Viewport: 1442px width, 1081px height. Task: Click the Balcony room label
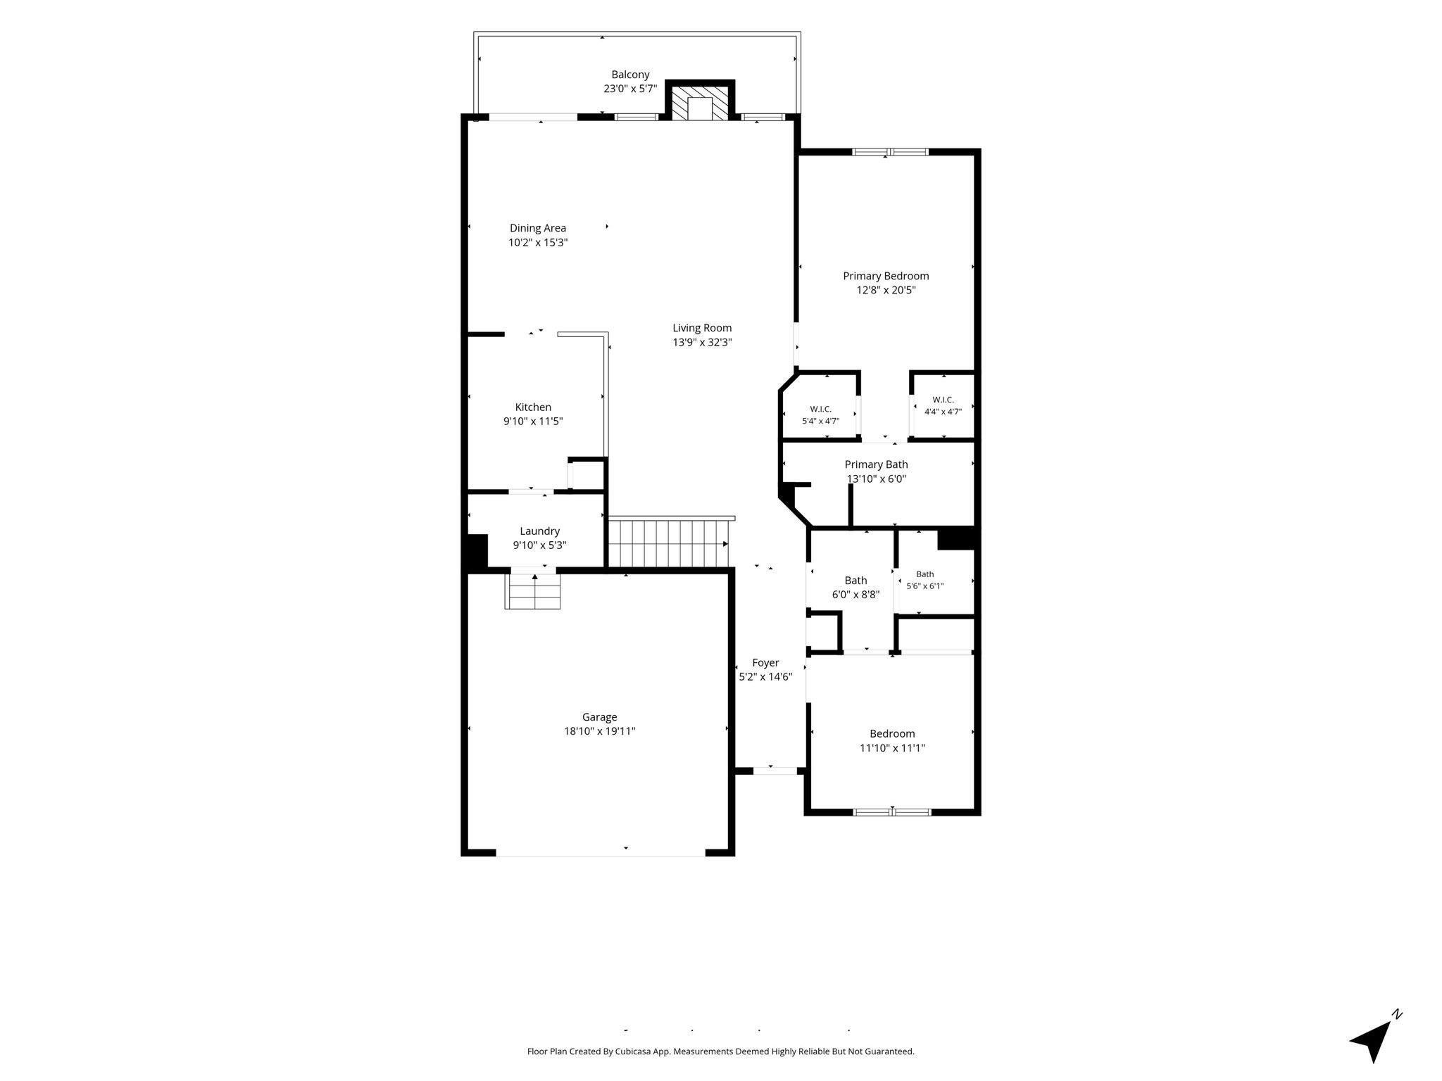[x=630, y=75]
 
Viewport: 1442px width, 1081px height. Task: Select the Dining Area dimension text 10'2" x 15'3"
[x=538, y=243]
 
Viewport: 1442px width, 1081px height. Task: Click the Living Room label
[x=702, y=328]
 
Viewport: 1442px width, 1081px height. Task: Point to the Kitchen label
[x=533, y=407]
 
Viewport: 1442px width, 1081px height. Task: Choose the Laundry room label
[x=539, y=531]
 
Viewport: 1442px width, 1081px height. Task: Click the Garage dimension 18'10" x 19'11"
[x=599, y=731]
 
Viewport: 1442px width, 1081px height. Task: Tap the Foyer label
[x=765, y=663]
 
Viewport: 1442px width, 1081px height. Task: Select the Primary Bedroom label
[x=886, y=276]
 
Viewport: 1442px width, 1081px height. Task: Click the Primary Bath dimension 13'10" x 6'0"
[x=876, y=479]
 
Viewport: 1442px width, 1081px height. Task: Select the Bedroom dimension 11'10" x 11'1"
[x=892, y=748]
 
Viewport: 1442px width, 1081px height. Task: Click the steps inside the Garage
[x=533, y=591]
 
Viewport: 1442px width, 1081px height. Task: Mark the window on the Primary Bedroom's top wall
[x=890, y=151]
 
